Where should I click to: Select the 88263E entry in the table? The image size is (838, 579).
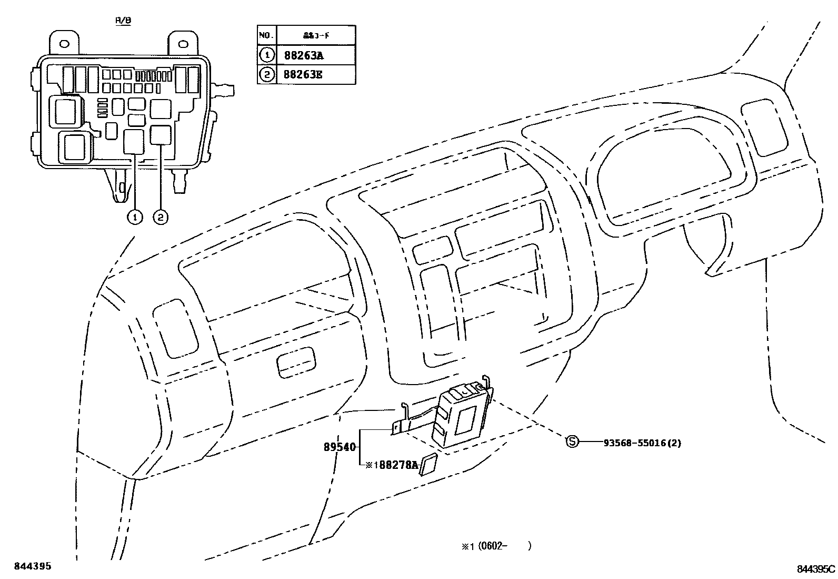click(x=303, y=74)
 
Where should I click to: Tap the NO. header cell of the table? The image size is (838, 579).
click(x=266, y=35)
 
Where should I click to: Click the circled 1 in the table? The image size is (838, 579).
click(x=266, y=55)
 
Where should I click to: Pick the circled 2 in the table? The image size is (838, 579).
click(x=266, y=74)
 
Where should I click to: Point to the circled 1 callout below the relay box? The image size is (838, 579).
click(x=135, y=217)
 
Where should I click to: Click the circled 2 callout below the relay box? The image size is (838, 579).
click(x=160, y=217)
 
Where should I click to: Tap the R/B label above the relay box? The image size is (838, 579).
click(x=123, y=20)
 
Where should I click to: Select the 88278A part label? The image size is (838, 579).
click(x=398, y=465)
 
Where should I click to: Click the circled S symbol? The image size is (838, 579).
click(x=572, y=443)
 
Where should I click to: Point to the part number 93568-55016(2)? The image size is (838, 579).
click(x=642, y=443)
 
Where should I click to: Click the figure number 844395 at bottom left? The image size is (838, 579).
click(x=33, y=566)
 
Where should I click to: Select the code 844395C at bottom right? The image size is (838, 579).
click(x=815, y=569)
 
